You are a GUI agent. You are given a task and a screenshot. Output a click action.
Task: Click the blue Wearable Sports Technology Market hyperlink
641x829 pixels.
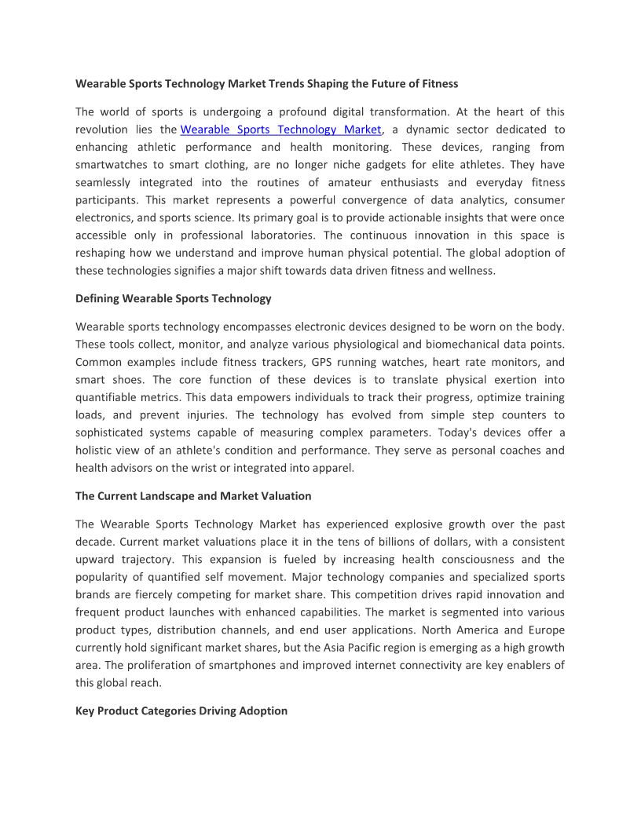pos(280,130)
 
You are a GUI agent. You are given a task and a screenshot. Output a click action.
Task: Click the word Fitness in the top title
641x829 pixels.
pos(438,83)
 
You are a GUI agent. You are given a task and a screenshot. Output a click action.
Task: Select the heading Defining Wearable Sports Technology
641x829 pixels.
pos(174,298)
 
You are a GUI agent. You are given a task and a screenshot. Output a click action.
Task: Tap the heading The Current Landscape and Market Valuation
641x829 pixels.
pos(193,496)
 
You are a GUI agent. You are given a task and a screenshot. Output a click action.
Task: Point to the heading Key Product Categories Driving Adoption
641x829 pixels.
pos(181,711)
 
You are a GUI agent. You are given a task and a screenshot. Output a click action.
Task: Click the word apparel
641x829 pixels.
pos(334,469)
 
